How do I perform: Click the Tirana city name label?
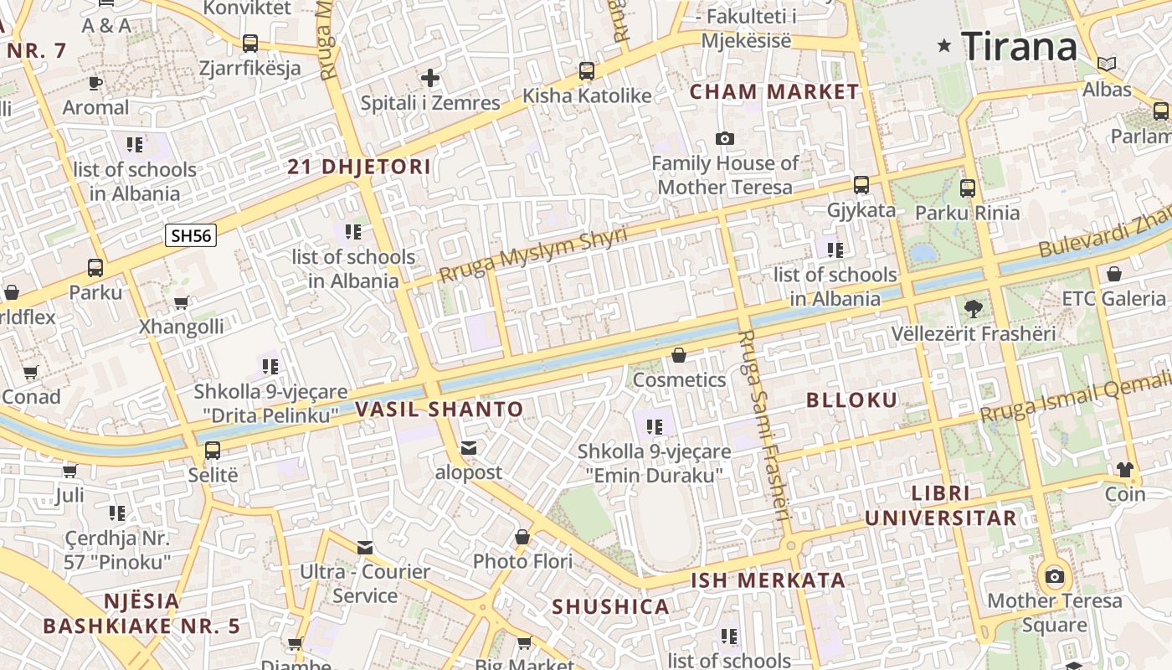(1019, 46)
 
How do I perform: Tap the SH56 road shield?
(191, 235)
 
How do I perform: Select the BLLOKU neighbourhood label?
(851, 400)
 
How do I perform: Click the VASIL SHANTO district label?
(439, 410)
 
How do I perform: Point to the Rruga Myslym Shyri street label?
(533, 255)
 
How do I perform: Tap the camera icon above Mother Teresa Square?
(1055, 576)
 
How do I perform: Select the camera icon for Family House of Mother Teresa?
(725, 138)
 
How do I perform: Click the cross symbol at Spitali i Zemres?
(430, 79)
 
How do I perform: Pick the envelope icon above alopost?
(469, 448)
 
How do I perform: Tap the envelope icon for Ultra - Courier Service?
(365, 548)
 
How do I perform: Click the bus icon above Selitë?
(213, 451)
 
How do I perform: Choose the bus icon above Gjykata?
(861, 185)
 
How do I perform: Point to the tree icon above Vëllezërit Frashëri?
(973, 309)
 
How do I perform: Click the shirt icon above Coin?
(1124, 469)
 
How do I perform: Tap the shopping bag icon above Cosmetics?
(679, 356)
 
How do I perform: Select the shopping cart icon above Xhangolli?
(181, 302)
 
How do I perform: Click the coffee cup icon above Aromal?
(95, 83)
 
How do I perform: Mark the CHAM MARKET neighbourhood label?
(774, 92)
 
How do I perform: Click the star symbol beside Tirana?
(944, 46)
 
